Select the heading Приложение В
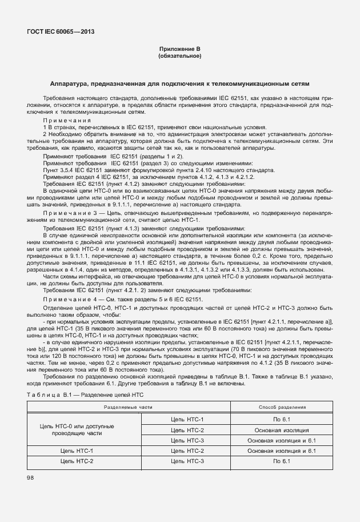point(179,50)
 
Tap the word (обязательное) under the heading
point(179,56)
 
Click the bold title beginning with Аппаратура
point(179,83)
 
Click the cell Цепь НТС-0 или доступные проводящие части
point(77,430)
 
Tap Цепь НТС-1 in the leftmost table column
point(77,451)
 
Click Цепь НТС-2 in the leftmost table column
point(77,461)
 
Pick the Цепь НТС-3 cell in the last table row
point(187,461)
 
